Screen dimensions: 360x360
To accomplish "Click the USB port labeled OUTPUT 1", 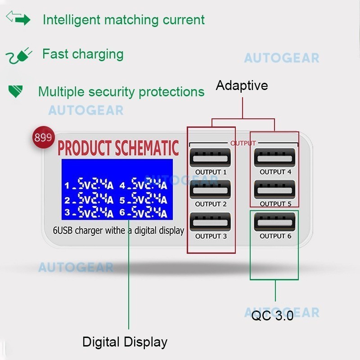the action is point(211,157).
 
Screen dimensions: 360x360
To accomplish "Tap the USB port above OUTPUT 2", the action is point(211,189).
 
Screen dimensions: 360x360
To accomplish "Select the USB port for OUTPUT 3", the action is point(211,222).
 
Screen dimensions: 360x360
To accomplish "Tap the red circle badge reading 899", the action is point(43,137).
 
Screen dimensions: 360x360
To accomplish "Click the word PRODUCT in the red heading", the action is point(85,148).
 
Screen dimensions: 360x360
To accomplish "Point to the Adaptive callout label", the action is point(242,85).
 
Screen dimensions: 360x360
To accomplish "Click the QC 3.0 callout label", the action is point(272,315).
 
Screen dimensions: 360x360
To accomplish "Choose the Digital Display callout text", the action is point(125,342).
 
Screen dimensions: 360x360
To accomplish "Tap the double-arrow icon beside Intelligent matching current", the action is point(18,19).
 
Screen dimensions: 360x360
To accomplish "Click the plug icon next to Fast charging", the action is point(19,55).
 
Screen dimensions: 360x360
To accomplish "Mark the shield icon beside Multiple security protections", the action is point(16,91).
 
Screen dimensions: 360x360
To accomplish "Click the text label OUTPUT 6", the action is point(275,236).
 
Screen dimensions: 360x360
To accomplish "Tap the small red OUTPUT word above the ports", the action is point(243,143).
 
